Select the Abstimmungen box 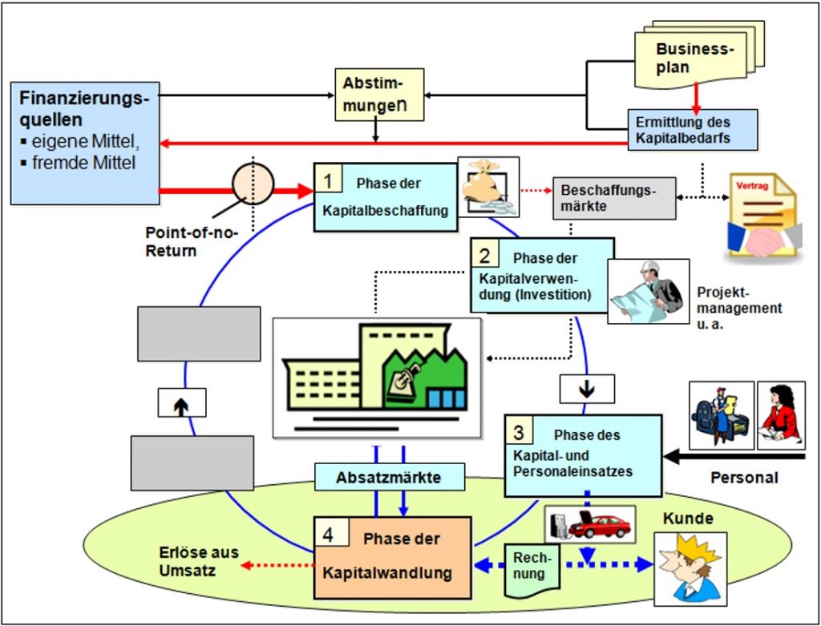[379, 95]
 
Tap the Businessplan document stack [698, 55]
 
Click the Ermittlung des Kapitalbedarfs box [693, 130]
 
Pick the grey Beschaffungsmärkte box [614, 198]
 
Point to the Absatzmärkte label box [390, 478]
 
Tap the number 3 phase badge [519, 431]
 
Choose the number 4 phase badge [328, 534]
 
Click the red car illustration [600, 527]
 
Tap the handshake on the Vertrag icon [764, 240]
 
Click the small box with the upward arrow [182, 402]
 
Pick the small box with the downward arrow [587, 389]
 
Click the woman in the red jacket [781, 414]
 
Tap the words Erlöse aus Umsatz [199, 561]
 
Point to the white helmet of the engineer [651, 267]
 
